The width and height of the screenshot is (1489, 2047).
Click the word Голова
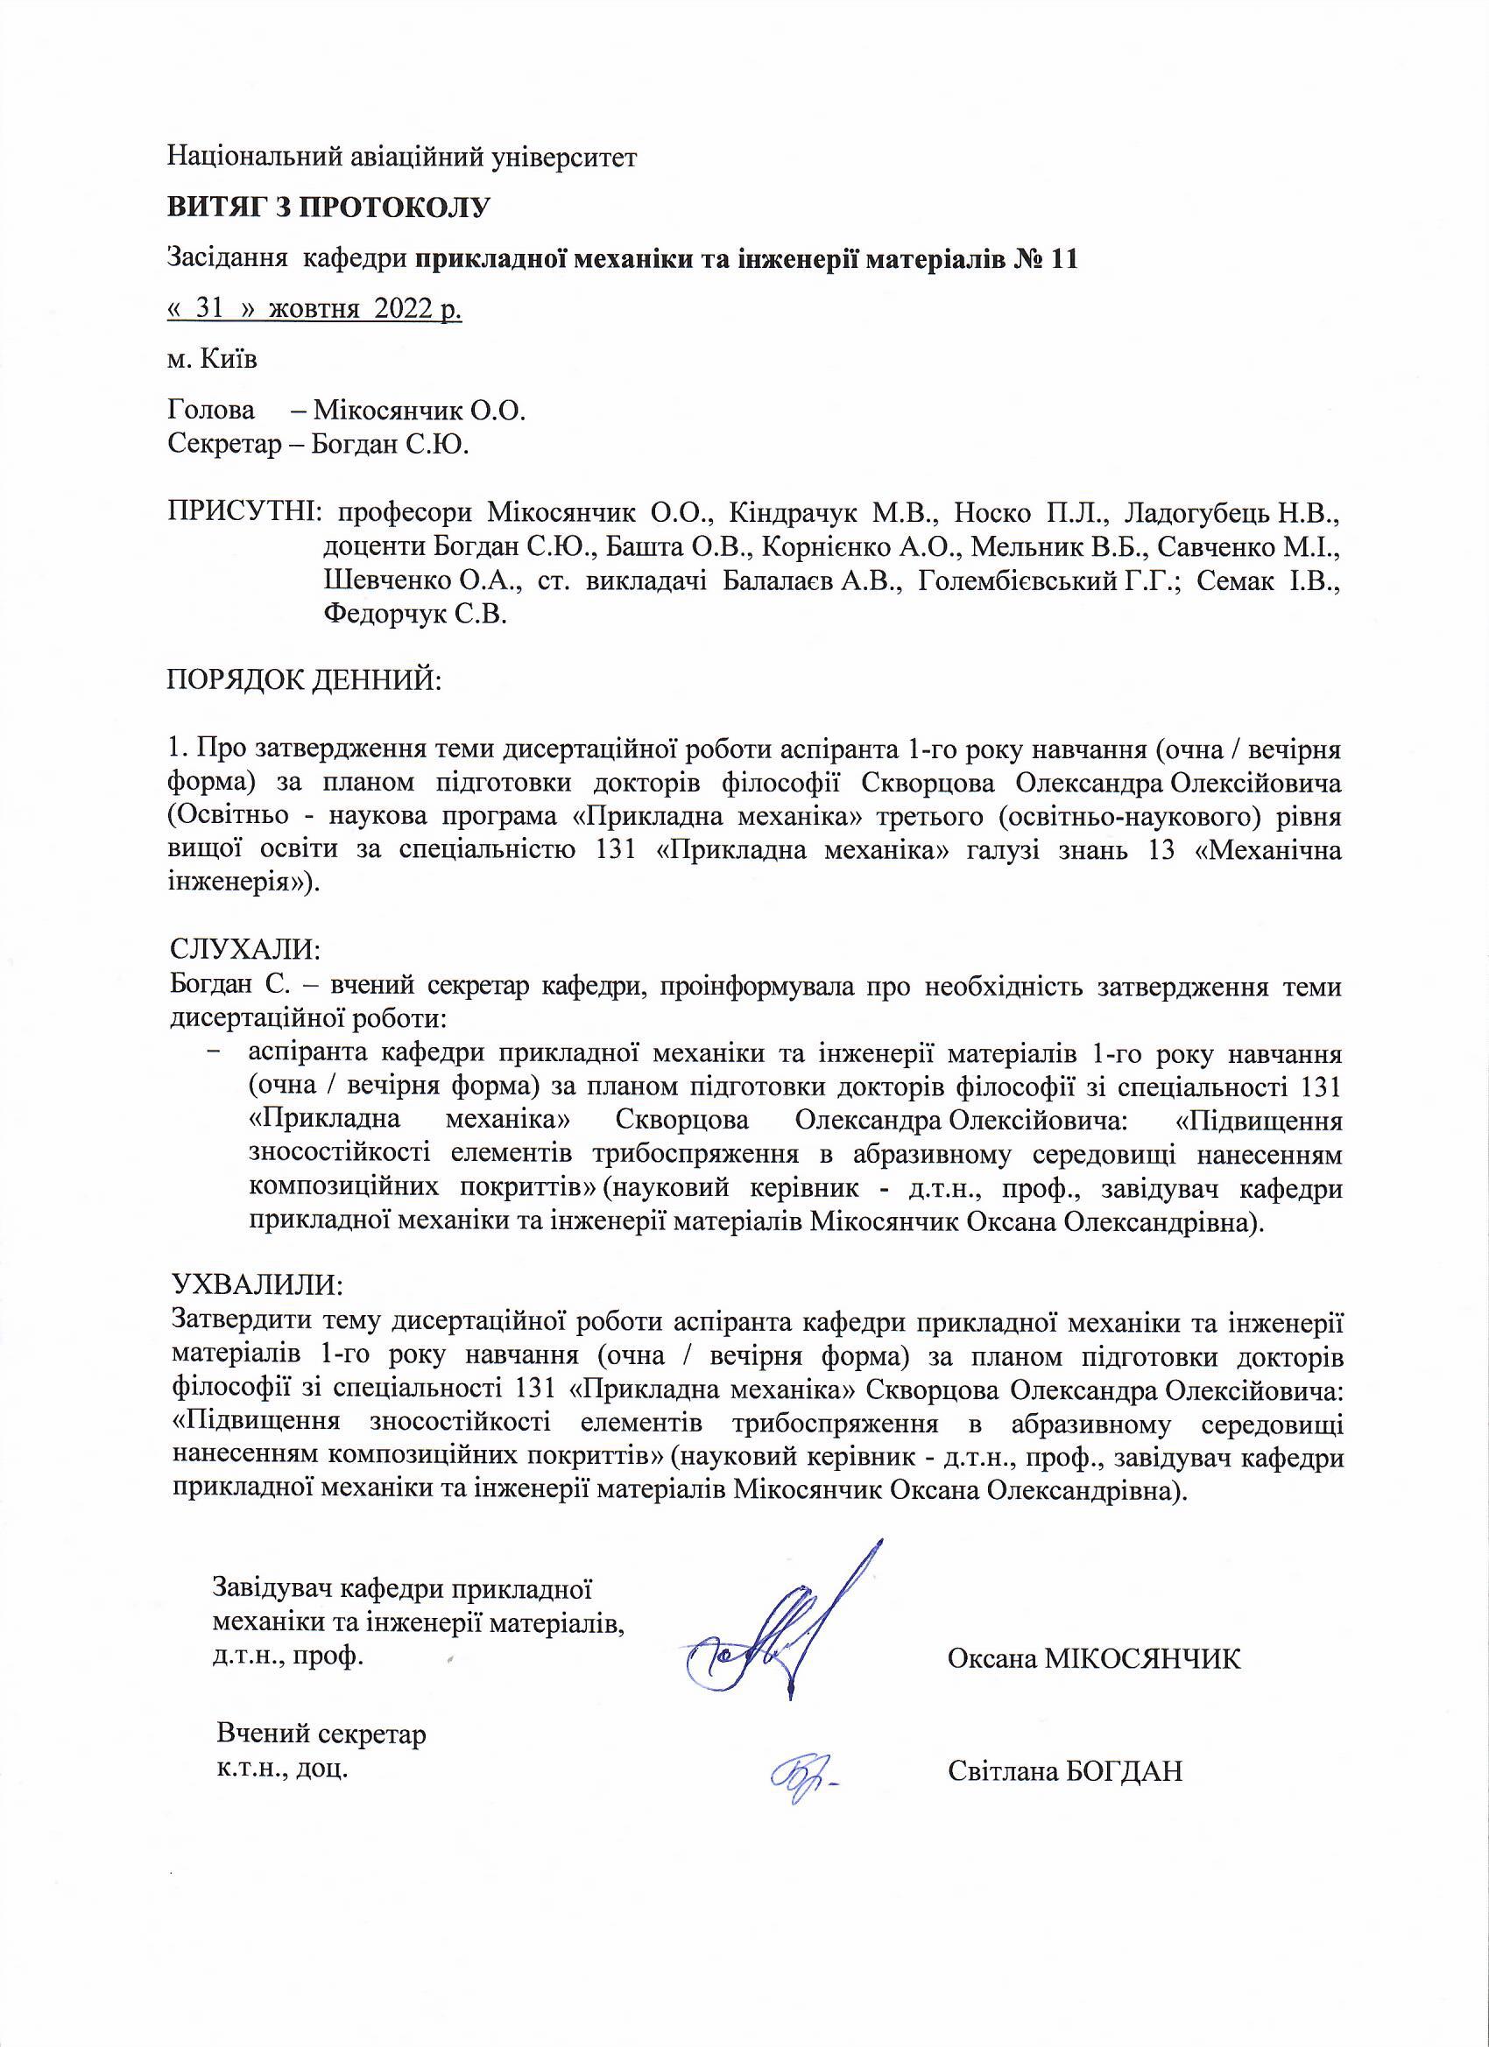click(x=211, y=412)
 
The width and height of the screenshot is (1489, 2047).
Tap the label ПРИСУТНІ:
click(x=245, y=516)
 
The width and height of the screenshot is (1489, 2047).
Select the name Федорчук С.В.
click(x=414, y=615)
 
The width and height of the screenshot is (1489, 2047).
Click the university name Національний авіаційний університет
click(x=403, y=157)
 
